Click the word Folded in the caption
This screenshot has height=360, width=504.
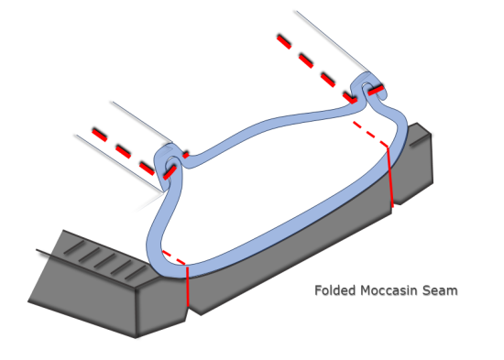pos(334,291)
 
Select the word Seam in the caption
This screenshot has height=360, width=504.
pos(442,291)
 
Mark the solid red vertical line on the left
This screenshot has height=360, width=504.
pos(187,289)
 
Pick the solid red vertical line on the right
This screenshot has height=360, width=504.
pos(391,179)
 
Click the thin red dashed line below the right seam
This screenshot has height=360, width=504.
pos(371,127)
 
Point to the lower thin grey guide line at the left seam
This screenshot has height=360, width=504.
pos(110,160)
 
